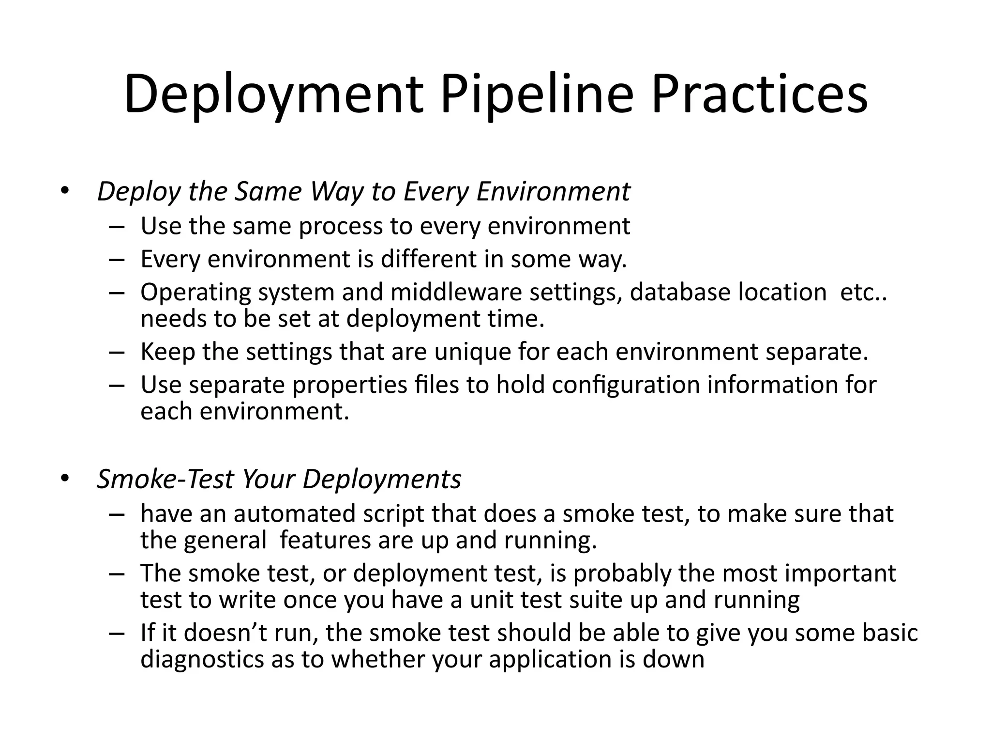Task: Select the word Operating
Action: (195, 293)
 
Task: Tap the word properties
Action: (350, 386)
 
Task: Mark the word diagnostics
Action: (202, 660)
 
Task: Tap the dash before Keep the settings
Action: (117, 352)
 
